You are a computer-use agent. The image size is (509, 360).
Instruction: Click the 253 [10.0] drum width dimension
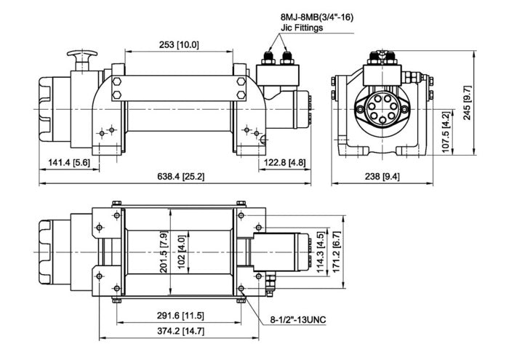click(x=179, y=45)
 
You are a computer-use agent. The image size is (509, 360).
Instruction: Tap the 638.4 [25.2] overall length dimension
click(x=181, y=177)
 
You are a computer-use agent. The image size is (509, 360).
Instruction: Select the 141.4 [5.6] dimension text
click(x=69, y=162)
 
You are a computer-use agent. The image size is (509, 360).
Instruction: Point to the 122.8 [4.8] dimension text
click(x=284, y=162)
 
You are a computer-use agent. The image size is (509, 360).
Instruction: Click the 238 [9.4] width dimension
click(x=382, y=177)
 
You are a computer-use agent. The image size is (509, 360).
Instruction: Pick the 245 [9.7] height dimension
click(x=468, y=103)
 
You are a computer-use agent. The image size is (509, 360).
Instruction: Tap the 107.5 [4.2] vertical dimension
click(x=446, y=132)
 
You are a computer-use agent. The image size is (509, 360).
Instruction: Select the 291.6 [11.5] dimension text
click(x=180, y=316)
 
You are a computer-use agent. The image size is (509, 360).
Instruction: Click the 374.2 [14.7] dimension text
click(x=180, y=332)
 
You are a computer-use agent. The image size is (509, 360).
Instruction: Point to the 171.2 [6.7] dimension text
click(x=336, y=252)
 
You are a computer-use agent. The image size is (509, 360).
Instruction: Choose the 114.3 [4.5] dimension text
click(x=321, y=252)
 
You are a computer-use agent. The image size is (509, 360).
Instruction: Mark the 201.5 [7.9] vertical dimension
click(x=164, y=252)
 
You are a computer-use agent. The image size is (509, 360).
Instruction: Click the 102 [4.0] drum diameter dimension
click(x=182, y=252)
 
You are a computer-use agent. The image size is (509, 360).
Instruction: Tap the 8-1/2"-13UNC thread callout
click(x=298, y=320)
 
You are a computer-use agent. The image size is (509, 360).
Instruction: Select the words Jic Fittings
click(x=302, y=28)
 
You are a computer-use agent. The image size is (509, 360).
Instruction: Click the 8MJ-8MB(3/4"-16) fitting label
click(x=316, y=17)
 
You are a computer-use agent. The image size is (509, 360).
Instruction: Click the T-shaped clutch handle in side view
click(x=82, y=60)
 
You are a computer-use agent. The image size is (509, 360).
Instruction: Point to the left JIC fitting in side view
click(x=268, y=57)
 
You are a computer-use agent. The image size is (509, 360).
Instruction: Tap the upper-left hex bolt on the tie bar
click(x=117, y=81)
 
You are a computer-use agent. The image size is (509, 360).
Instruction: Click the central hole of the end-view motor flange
click(x=382, y=109)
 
